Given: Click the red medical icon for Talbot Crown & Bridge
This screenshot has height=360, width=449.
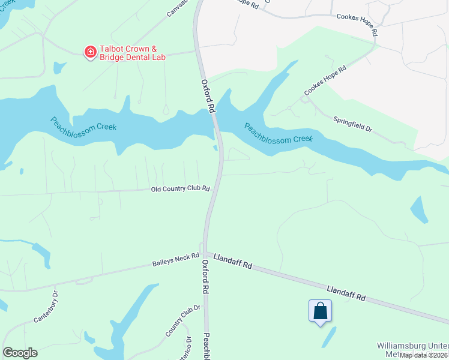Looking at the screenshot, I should click(x=91, y=53).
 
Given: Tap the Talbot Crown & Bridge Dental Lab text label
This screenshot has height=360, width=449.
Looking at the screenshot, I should click(x=129, y=53).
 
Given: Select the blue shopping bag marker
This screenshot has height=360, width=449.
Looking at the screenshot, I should click(x=320, y=311).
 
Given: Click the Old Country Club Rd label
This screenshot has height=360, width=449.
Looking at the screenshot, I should click(x=179, y=189).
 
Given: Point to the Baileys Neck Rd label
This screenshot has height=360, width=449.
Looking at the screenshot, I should click(x=175, y=260).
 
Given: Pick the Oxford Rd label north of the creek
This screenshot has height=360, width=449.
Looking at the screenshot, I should click(x=208, y=97).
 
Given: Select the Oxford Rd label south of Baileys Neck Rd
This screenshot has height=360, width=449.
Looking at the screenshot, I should click(x=205, y=277).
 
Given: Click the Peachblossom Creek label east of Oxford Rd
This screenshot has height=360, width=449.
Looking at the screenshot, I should click(x=278, y=133).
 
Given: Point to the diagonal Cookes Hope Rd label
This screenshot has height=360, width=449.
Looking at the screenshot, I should click(x=325, y=80).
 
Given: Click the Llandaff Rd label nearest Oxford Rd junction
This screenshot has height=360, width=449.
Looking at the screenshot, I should click(x=232, y=263).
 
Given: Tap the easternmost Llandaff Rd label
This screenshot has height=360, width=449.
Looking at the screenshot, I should click(x=346, y=293).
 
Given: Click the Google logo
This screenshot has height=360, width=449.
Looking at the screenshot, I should click(x=20, y=353).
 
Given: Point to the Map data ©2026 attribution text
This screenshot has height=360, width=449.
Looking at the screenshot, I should click(x=423, y=355).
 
